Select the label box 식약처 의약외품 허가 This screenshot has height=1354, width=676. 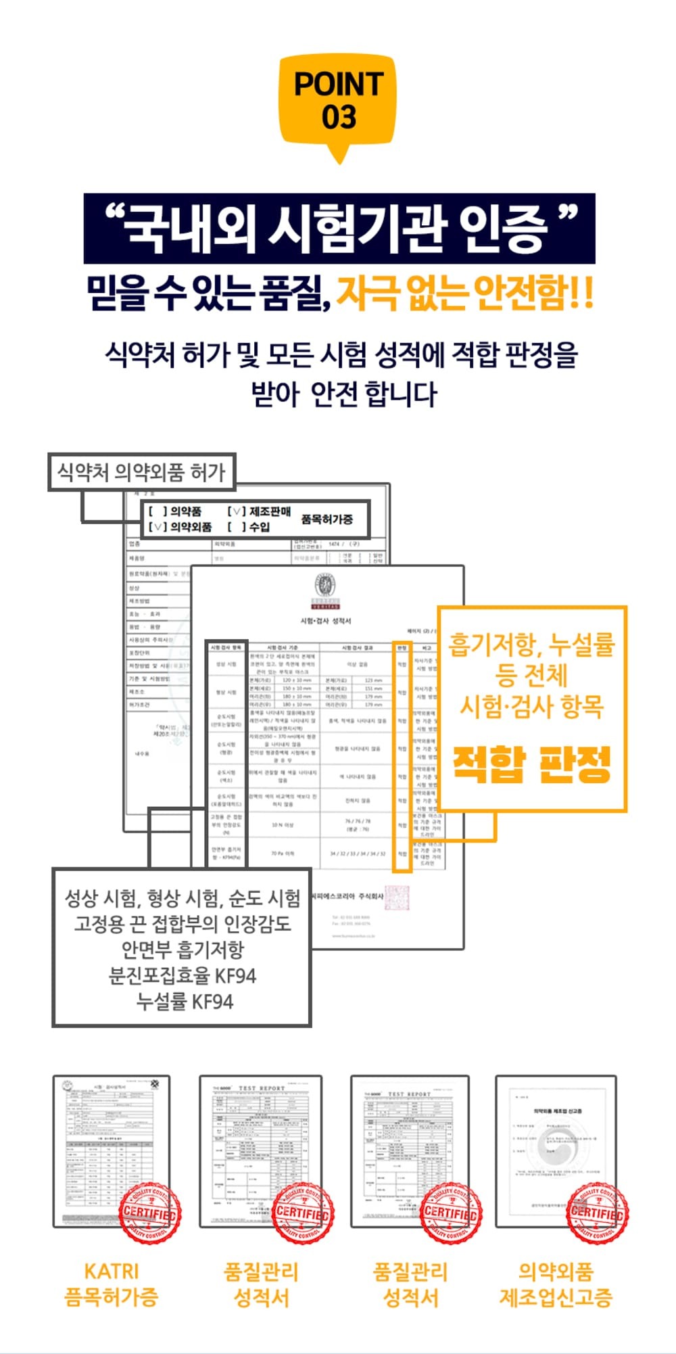coord(141,471)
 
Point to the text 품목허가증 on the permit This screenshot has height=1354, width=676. coord(327,519)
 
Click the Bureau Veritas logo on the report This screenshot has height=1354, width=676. coord(325,589)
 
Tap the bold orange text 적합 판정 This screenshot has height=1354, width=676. coord(532,764)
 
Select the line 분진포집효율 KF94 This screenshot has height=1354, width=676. coord(183,975)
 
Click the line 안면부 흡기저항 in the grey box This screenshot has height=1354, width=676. coord(183,949)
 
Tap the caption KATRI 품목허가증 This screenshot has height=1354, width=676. coord(111,1284)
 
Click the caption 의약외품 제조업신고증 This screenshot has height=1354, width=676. coord(556,1284)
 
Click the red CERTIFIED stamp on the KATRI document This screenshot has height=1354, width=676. coord(150,1213)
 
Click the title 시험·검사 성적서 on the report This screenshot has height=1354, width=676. coord(326,620)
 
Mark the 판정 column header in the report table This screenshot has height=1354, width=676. coord(402,647)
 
